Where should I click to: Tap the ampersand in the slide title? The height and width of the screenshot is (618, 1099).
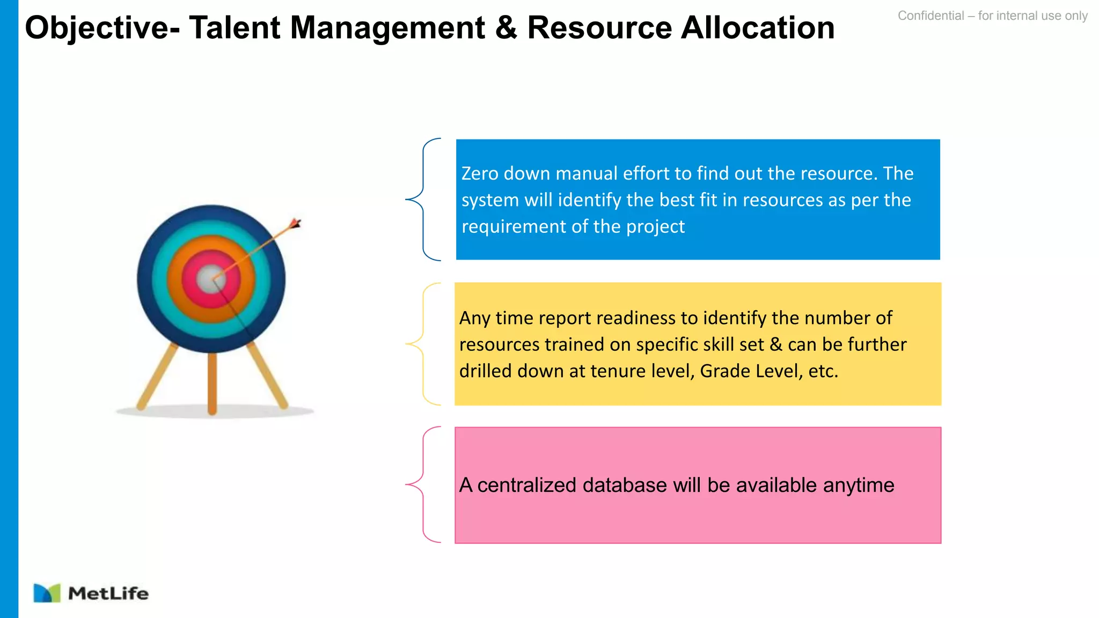(506, 28)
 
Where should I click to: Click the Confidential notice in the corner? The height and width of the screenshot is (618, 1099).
(992, 16)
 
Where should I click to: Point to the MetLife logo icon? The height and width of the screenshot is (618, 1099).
(47, 593)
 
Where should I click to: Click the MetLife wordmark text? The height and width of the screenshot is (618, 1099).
(108, 593)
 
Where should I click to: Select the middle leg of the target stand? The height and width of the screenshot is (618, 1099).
(212, 384)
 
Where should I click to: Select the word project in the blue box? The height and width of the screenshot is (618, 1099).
(655, 226)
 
